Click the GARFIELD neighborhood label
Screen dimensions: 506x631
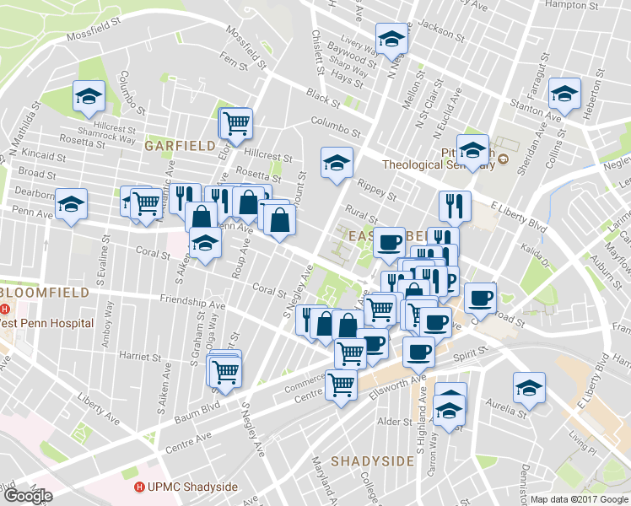(180, 146)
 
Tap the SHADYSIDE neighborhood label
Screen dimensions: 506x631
(372, 461)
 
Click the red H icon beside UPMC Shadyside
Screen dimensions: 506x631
(139, 487)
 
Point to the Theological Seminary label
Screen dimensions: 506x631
(437, 165)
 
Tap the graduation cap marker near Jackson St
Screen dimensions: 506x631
(390, 40)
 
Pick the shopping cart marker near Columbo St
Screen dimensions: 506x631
(237, 122)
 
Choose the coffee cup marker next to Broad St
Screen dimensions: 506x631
(480, 297)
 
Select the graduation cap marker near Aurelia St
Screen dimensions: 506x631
(529, 387)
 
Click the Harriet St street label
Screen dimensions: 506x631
(138, 355)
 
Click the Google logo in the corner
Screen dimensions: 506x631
(28, 496)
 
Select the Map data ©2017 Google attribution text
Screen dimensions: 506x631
(579, 499)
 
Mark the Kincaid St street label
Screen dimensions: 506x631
(45, 157)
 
